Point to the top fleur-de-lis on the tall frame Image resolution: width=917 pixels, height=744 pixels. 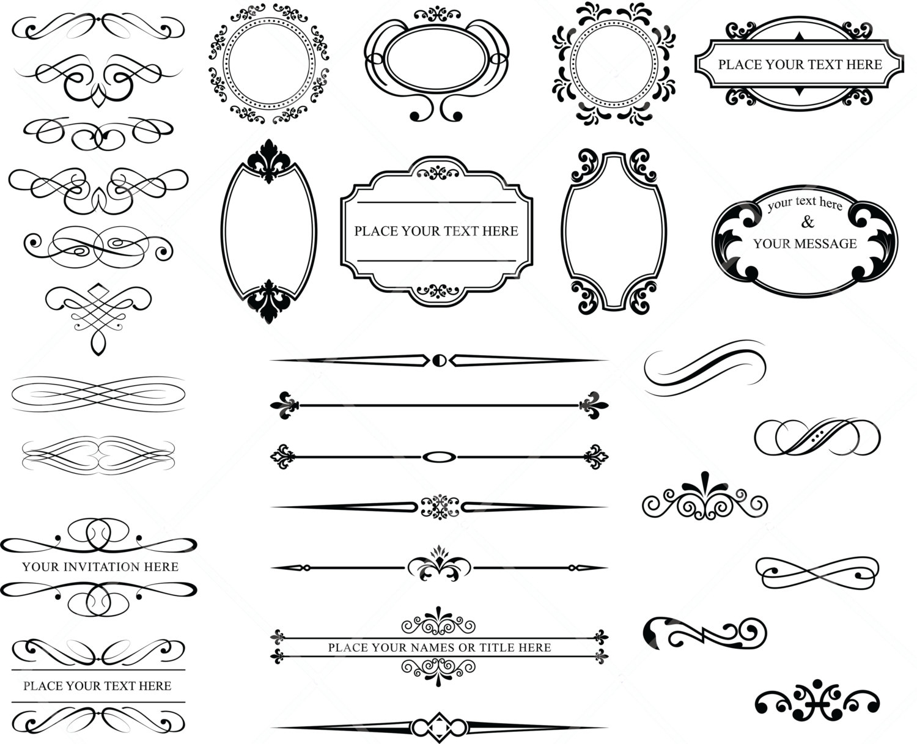point(269,160)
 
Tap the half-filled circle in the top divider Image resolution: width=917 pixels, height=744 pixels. point(438,360)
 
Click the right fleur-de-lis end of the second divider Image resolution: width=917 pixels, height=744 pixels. point(592,405)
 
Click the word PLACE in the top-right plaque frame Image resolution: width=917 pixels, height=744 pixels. point(736,65)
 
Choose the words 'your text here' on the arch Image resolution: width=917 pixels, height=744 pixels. point(805,203)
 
